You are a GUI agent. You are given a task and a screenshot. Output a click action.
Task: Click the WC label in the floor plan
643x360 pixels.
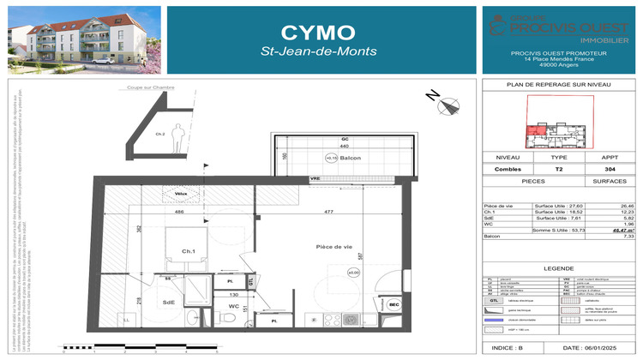click(x=232, y=304)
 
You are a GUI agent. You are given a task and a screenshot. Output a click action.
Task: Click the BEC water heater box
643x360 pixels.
click(x=394, y=304)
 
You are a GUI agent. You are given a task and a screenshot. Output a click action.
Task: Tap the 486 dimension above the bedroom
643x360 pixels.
click(x=179, y=211)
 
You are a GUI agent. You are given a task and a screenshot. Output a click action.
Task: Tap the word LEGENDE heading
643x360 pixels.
click(x=558, y=269)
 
